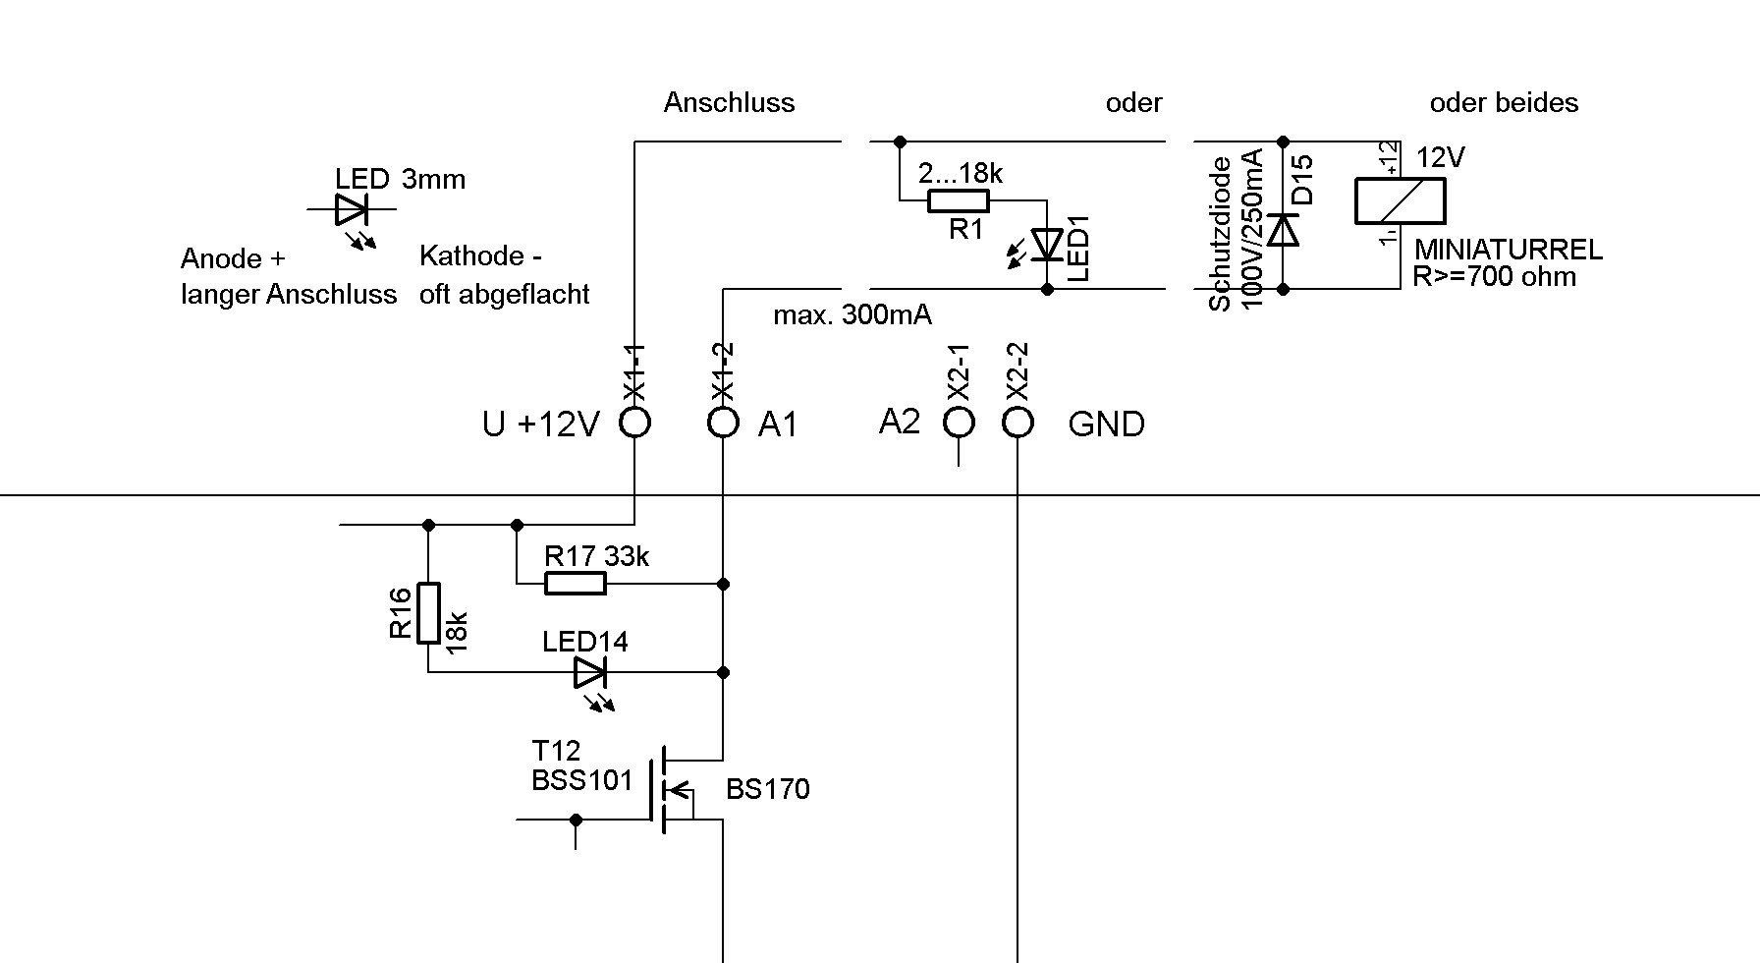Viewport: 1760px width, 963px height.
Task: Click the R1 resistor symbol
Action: tap(959, 201)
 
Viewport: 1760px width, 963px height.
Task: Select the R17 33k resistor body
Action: tap(576, 584)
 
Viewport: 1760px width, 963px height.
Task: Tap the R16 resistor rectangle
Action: tap(428, 613)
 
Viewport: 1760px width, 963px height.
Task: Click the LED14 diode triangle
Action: tap(589, 672)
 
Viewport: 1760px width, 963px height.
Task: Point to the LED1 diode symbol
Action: tap(1048, 245)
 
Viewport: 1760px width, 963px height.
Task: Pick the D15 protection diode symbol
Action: tap(1283, 230)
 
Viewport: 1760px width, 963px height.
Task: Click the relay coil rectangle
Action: tap(1400, 201)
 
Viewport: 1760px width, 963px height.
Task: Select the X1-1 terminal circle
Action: tap(635, 423)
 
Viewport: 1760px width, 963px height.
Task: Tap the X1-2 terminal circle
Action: tap(723, 423)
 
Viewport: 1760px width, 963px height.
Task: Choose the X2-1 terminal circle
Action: tap(959, 423)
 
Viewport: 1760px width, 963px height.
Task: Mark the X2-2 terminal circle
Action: tap(1017, 423)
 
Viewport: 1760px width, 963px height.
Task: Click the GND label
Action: tap(1106, 425)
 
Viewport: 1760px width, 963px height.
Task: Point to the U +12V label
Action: tap(540, 425)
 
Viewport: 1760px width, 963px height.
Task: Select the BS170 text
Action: tap(768, 789)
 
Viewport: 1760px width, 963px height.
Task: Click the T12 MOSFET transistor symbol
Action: tap(668, 789)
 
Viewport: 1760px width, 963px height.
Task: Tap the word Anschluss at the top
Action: tap(729, 103)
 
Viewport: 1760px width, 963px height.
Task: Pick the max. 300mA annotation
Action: tap(852, 315)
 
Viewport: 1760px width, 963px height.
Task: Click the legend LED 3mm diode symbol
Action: tap(351, 209)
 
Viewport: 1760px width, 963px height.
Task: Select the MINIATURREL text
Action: tap(1508, 250)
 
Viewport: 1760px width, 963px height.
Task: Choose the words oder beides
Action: tap(1504, 103)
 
